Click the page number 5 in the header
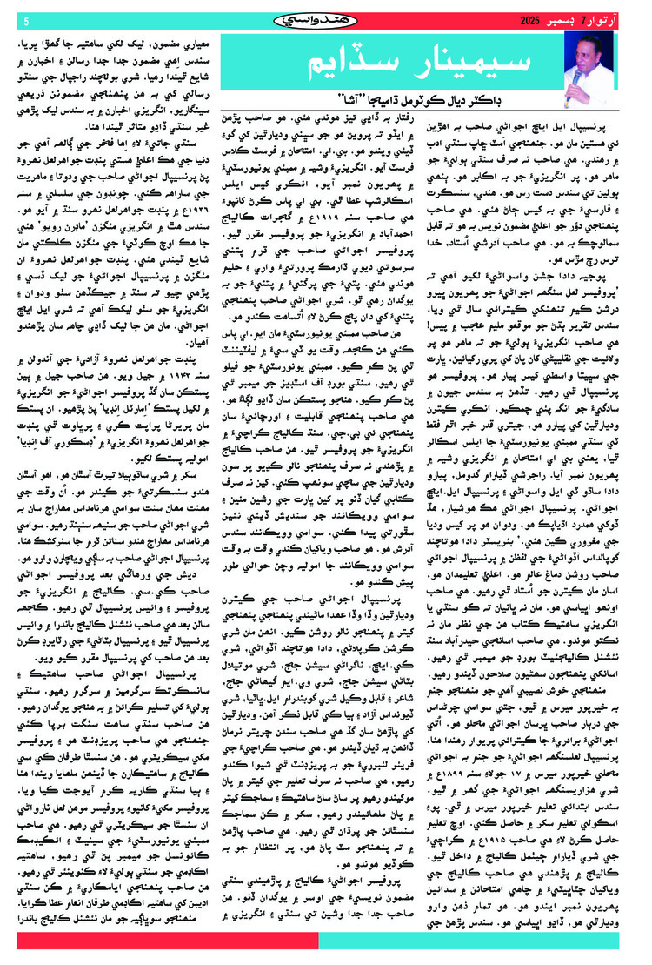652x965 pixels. pyautogui.click(x=26, y=20)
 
